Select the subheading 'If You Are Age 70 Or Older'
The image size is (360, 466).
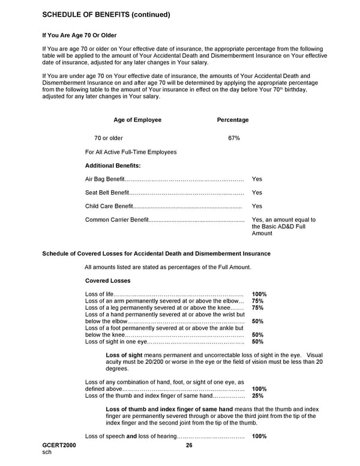79,36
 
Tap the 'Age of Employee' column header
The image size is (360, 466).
137,120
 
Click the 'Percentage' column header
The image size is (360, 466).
232,120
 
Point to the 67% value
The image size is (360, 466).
234,138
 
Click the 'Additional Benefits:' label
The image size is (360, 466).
113,165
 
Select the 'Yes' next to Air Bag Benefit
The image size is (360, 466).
257,179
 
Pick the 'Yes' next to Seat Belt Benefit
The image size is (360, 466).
257,193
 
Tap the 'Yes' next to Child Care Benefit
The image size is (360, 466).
257,207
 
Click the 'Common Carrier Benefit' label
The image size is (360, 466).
116,220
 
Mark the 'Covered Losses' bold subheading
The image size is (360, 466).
107,280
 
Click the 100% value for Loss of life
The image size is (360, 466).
259,294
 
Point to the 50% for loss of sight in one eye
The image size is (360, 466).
258,342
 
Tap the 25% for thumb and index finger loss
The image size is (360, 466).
258,396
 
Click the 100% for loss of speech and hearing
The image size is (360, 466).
259,436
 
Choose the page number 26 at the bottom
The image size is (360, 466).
189,445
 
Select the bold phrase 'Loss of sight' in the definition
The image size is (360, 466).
123,356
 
